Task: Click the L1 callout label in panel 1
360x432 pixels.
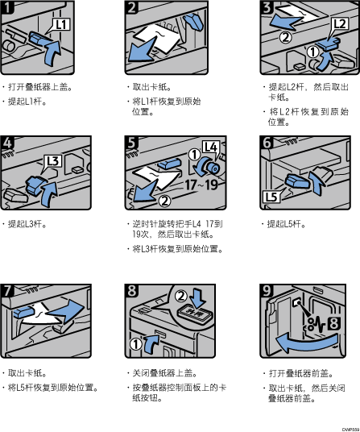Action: tap(61, 24)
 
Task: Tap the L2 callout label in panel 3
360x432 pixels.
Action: tap(339, 24)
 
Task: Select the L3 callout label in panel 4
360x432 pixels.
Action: tap(52, 161)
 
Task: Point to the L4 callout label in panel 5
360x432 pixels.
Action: tap(211, 147)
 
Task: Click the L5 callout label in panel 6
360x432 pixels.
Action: tap(271, 197)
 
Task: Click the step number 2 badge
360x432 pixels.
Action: tap(131, 7)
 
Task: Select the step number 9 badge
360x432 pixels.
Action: tap(267, 290)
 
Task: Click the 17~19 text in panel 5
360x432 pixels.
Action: tap(201, 185)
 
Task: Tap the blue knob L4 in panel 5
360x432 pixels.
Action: tap(210, 167)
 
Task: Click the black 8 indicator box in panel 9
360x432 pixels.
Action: tap(333, 324)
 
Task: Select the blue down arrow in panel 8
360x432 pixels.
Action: tap(198, 298)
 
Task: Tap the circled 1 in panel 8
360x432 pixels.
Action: tap(135, 343)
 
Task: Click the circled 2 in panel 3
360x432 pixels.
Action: tap(285, 37)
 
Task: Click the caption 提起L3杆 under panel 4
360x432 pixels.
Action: tap(27, 224)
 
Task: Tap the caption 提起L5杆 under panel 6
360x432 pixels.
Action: tap(286, 224)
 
